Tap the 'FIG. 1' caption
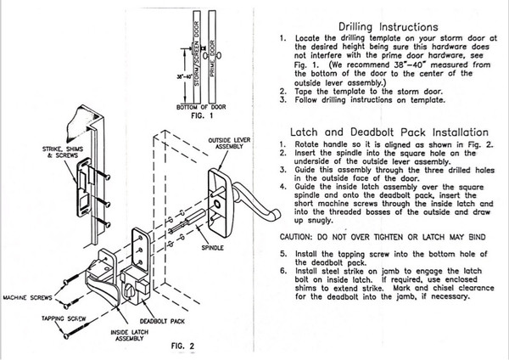[196, 116]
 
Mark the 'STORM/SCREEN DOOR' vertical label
[195, 51]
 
